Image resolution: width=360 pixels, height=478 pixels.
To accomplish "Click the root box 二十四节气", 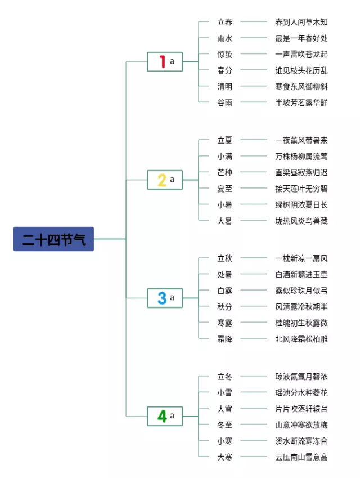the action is click(53, 239).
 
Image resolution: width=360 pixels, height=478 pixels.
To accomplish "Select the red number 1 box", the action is click(165, 61).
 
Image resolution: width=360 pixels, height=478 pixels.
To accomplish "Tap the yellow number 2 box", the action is click(165, 180).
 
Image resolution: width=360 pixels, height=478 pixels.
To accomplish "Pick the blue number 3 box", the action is click(165, 298).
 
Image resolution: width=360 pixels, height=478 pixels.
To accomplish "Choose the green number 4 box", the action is click(165, 416).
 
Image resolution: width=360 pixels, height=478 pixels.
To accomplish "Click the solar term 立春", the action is click(225, 22).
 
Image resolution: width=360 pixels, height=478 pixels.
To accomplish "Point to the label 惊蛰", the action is click(225, 54).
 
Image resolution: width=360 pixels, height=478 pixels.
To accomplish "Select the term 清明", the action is click(225, 87).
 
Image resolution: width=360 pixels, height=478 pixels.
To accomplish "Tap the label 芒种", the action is click(225, 172).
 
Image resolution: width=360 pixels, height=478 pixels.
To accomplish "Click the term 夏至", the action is click(225, 189).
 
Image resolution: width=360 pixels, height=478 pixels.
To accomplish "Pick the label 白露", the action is click(225, 291).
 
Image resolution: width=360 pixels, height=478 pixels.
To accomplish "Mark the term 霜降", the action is click(225, 339).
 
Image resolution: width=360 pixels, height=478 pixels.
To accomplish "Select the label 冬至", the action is click(225, 425).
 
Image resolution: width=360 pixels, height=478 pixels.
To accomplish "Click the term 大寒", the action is click(225, 457).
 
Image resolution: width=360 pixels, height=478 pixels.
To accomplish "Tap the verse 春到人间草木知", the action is click(301, 22).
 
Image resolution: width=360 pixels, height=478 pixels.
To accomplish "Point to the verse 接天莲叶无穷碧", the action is click(301, 189).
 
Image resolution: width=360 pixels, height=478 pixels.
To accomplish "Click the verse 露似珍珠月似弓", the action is click(301, 291).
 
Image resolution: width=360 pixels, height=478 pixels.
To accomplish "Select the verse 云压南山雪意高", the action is click(301, 457).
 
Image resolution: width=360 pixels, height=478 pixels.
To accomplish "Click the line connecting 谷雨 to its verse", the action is click(254, 102).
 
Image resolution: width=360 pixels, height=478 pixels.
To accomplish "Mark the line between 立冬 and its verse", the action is click(254, 376).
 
